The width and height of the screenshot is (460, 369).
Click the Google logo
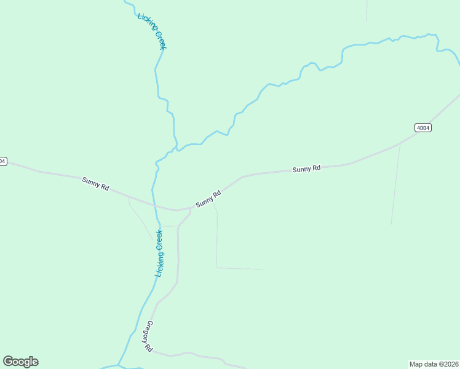click(x=21, y=362)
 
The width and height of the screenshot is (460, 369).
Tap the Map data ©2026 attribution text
click(x=434, y=364)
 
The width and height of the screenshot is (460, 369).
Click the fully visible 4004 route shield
click(x=422, y=128)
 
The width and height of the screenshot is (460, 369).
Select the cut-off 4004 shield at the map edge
click(x=2, y=161)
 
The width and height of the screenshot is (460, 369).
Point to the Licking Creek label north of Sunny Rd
click(x=153, y=31)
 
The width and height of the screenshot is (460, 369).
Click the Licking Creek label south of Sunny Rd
click(x=159, y=253)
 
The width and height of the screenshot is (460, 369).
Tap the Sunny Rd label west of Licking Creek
click(x=95, y=183)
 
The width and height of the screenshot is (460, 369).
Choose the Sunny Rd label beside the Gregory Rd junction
click(x=208, y=199)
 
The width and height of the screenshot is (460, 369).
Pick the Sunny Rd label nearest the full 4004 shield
click(x=306, y=169)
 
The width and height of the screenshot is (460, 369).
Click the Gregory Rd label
click(x=149, y=336)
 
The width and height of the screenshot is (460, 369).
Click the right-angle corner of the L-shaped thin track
click(x=216, y=267)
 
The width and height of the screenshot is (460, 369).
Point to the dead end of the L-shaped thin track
click(x=263, y=269)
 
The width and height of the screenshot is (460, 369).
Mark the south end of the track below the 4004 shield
click(x=391, y=224)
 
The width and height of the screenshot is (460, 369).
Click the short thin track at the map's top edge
click(x=367, y=10)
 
